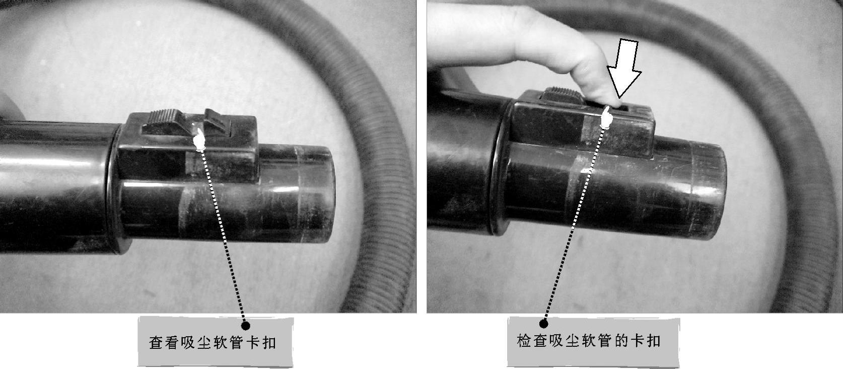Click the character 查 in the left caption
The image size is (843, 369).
[156, 343]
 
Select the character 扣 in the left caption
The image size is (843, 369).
[269, 343]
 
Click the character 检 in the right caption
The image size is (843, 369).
[524, 341]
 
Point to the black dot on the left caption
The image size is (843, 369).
[245, 325]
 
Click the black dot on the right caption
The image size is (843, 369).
[543, 324]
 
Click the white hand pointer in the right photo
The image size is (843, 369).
[606, 117]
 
